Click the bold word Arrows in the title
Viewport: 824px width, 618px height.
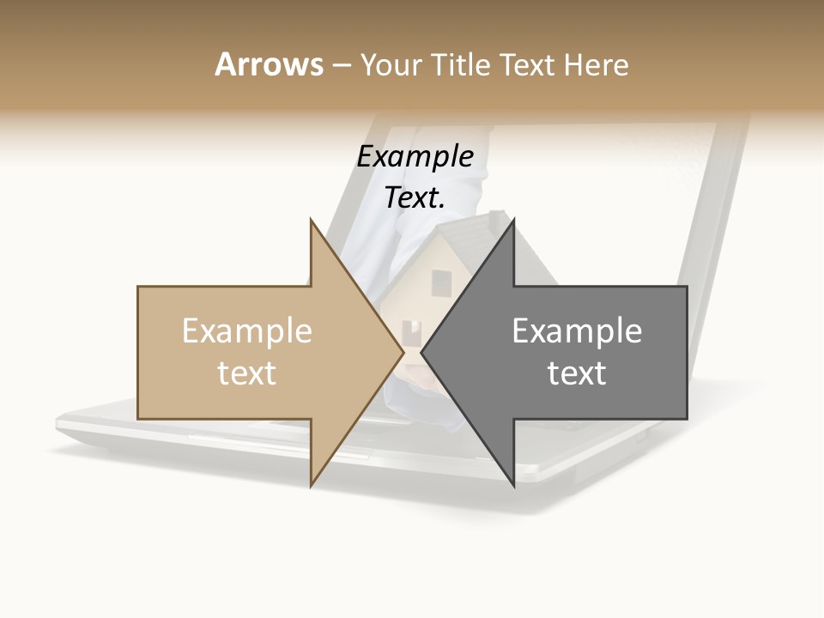click(x=269, y=64)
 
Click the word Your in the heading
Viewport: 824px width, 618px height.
click(x=391, y=65)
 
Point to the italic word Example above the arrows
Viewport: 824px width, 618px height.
click(x=415, y=157)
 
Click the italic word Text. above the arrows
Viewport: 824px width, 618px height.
click(x=415, y=198)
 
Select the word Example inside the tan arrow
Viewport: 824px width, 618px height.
click(x=247, y=331)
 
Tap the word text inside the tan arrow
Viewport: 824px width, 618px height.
click(x=247, y=373)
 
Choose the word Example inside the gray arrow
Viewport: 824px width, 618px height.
click(x=577, y=331)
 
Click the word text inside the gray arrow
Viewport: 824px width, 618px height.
click(x=577, y=373)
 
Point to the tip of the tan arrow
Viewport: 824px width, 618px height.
click(x=403, y=352)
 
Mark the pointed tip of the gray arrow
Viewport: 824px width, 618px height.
click(x=422, y=352)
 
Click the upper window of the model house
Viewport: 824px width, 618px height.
click(x=441, y=281)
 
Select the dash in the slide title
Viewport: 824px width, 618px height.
click(x=341, y=65)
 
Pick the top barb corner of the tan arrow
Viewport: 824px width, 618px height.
click(x=311, y=220)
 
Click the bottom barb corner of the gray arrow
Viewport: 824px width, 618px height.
click(x=513, y=486)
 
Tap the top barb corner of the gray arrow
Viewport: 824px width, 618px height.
click(x=513, y=220)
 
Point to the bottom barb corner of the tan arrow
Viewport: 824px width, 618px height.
click(x=311, y=486)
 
